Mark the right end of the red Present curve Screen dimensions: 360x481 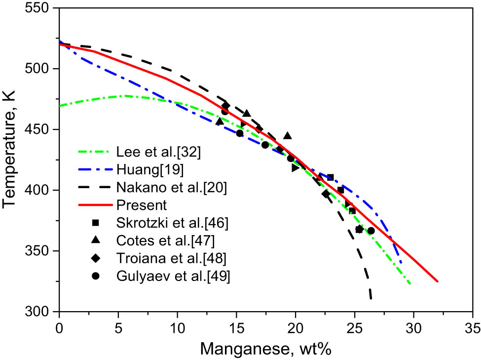438,281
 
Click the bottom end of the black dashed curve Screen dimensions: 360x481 370,299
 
